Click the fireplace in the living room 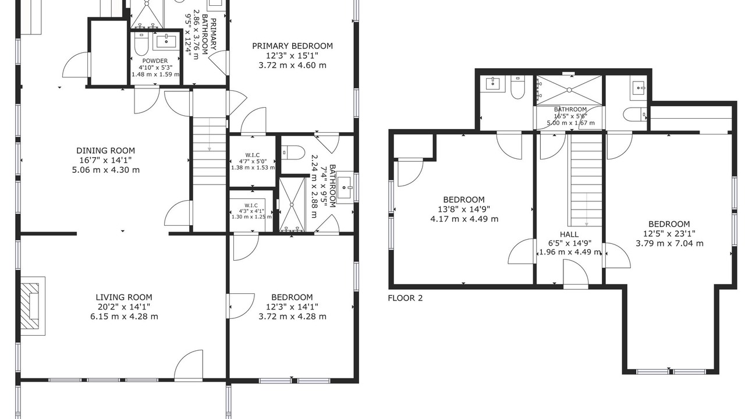point(33,306)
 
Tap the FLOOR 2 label point(405,298)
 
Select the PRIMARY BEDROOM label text point(292,46)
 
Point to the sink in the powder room point(166,41)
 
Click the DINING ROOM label point(106,151)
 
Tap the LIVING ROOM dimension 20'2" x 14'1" point(124,307)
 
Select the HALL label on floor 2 point(569,234)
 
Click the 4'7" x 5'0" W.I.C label point(253,161)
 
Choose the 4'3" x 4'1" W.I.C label point(251,211)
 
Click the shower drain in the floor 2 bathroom point(569,90)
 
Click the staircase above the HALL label point(587,180)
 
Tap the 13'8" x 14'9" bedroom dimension point(464,209)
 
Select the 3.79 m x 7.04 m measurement point(669,243)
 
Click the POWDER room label point(155,61)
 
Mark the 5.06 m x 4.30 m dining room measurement point(106,171)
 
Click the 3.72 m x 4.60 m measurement point(292,65)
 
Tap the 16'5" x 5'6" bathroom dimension point(570,116)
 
